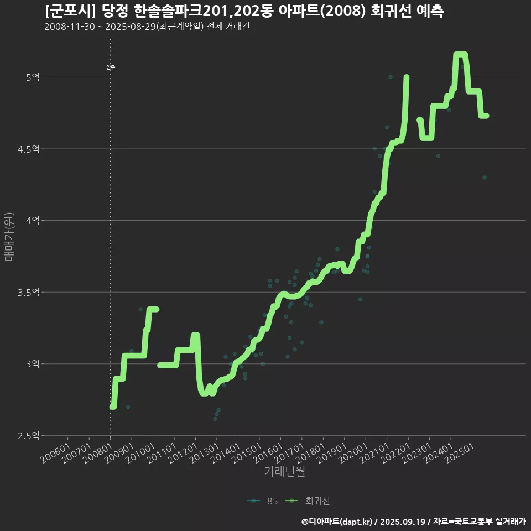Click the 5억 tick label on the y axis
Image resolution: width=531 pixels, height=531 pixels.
click(x=32, y=77)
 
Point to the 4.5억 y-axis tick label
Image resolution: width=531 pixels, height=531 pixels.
click(x=29, y=149)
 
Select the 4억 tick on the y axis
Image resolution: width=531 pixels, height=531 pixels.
click(x=32, y=220)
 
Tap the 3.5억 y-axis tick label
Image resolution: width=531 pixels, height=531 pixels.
click(x=29, y=292)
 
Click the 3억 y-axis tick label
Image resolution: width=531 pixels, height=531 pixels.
click(x=32, y=363)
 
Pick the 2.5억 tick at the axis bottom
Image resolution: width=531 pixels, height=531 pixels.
click(x=29, y=435)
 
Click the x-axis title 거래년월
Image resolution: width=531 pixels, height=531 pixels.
click(x=284, y=472)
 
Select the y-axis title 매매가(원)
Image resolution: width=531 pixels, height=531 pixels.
click(x=9, y=236)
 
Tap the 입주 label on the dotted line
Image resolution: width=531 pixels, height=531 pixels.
click(x=111, y=67)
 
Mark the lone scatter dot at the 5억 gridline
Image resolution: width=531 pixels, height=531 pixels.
click(x=390, y=77)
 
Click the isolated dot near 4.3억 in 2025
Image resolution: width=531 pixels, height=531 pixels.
click(x=484, y=178)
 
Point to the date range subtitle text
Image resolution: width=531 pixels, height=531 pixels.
click(x=147, y=27)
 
